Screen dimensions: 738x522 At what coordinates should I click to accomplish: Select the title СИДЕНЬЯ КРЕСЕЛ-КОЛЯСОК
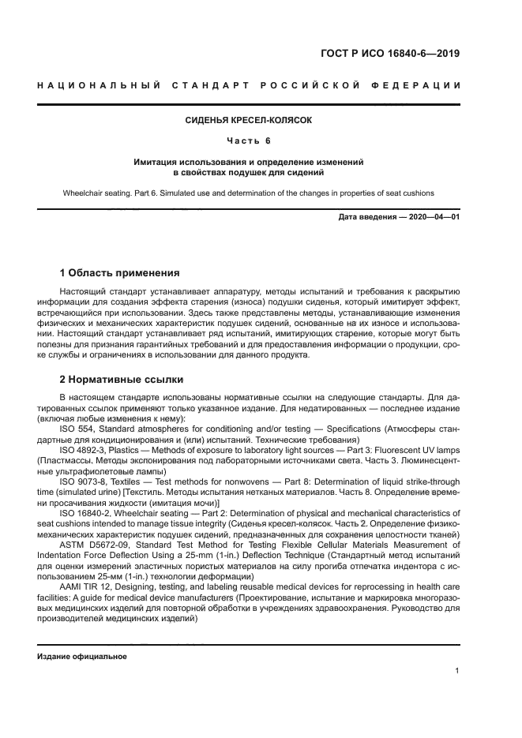(x=248, y=121)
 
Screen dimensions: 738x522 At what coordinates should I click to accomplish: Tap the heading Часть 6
(x=248, y=140)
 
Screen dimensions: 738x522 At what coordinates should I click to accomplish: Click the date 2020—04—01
(x=433, y=216)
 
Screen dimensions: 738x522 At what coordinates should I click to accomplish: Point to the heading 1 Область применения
(x=119, y=273)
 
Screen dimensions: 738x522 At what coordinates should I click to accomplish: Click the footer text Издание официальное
(x=81, y=656)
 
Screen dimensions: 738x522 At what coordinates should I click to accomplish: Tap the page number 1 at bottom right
(x=457, y=671)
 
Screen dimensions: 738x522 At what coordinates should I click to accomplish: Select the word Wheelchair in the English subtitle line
(x=82, y=193)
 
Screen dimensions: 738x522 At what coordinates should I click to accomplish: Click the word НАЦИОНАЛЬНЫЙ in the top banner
(x=96, y=84)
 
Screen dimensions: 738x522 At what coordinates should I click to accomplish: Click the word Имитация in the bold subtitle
(x=157, y=161)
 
